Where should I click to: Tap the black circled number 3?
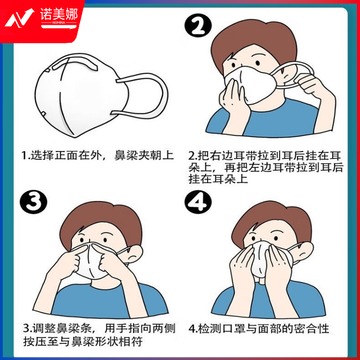pyautogui.click(x=32, y=202)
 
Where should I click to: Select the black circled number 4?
pyautogui.click(x=198, y=201)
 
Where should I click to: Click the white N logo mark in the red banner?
pyautogui.click(x=19, y=17)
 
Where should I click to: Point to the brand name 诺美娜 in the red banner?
pyautogui.click(x=59, y=15)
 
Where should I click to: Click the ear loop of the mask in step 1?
pyautogui.click(x=164, y=95)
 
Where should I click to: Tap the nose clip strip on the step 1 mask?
pyautogui.click(x=74, y=64)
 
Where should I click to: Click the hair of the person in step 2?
pyautogui.click(x=254, y=41)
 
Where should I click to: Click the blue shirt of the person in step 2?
pyautogui.click(x=263, y=119)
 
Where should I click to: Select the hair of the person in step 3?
pyautogui.click(x=100, y=221)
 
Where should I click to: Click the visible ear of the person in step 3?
pyautogui.click(x=133, y=255)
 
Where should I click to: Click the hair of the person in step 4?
pyautogui.click(x=272, y=220)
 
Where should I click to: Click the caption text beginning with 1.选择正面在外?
pyautogui.click(x=98, y=155)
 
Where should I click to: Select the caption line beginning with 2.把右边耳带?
pyautogui.click(x=266, y=156)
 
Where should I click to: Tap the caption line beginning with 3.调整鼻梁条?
pyautogui.click(x=99, y=329)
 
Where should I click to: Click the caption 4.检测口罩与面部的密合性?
pyautogui.click(x=259, y=329)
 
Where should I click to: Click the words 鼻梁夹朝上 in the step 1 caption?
pyautogui.click(x=144, y=155)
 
